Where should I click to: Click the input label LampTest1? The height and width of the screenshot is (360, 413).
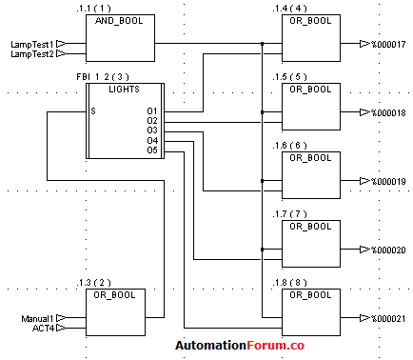[x=30, y=44]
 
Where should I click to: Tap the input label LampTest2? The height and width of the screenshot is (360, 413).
[x=30, y=54]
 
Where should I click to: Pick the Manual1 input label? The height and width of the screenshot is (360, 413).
[x=37, y=318]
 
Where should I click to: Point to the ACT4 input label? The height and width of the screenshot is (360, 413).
[x=43, y=329]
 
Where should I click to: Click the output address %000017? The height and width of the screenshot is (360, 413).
[x=388, y=44]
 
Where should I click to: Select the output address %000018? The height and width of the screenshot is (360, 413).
[x=388, y=113]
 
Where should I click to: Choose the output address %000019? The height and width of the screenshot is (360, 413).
[x=388, y=181]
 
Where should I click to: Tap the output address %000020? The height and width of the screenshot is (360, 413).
[x=388, y=250]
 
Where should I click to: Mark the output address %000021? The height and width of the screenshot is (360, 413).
[x=388, y=318]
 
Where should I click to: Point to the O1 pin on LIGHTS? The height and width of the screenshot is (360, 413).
[x=152, y=111]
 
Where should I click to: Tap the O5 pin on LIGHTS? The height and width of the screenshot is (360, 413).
[x=152, y=150]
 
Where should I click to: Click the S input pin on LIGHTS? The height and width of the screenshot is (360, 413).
[x=93, y=111]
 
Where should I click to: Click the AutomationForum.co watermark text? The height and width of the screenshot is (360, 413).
[x=239, y=348]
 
